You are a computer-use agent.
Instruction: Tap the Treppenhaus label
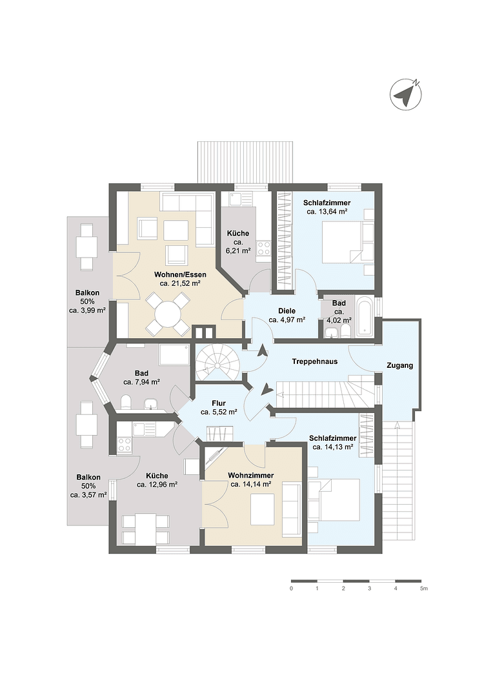click(314, 362)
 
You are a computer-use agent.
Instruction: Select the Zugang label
click(399, 366)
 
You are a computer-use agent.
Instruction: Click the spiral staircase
click(217, 364)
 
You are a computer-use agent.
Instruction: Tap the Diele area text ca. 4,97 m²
click(287, 319)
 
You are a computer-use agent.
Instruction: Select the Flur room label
click(219, 403)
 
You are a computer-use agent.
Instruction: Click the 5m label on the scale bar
click(423, 589)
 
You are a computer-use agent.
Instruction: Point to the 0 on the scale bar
click(292, 589)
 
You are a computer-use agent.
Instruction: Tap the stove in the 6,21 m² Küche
click(263, 248)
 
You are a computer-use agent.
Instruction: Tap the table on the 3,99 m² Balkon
click(86, 247)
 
